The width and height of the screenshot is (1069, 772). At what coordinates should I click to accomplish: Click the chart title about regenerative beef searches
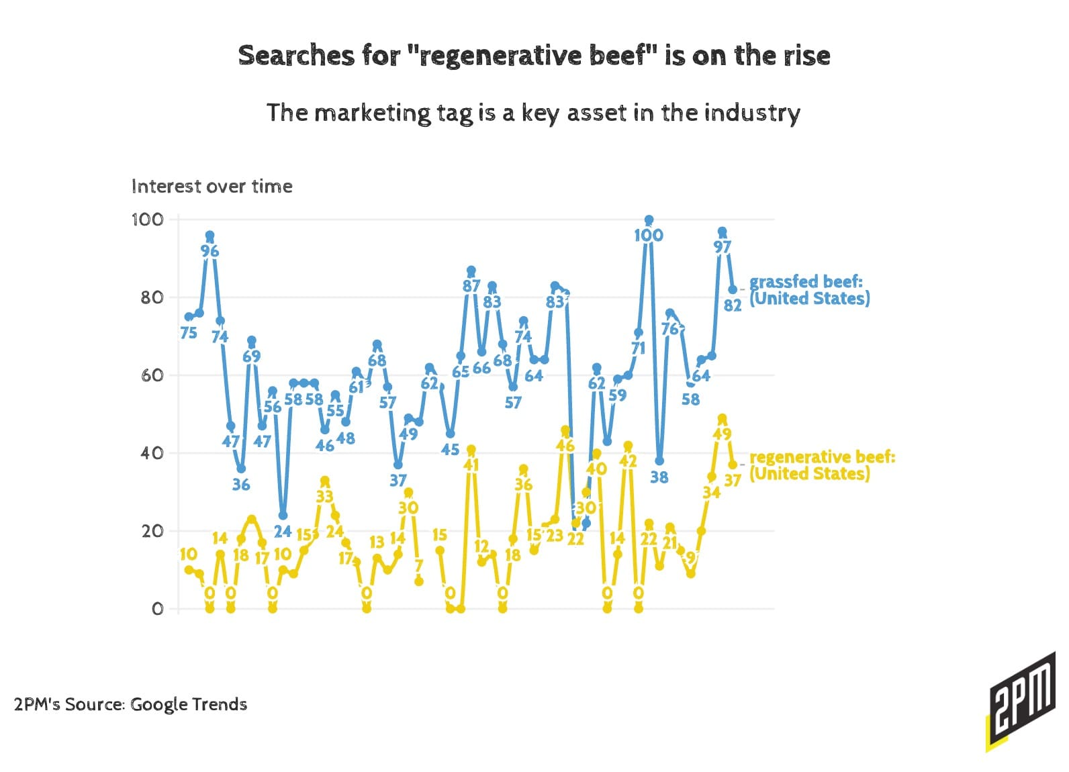(x=534, y=56)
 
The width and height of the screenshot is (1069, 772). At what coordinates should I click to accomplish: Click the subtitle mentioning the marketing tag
(x=533, y=113)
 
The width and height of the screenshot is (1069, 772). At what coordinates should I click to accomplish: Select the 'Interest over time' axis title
(x=212, y=186)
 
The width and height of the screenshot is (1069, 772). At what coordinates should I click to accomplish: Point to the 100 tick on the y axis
(x=148, y=220)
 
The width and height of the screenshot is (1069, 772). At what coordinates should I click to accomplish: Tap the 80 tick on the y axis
(x=152, y=297)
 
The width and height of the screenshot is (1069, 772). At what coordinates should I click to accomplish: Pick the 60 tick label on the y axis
(x=152, y=375)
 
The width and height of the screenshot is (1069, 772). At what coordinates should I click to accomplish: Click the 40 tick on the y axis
(x=152, y=453)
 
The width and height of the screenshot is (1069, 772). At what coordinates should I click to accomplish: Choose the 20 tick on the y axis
(x=152, y=531)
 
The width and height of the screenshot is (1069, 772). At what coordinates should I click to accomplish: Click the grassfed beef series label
(x=809, y=290)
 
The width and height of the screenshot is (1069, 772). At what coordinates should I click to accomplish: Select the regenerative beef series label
(x=822, y=465)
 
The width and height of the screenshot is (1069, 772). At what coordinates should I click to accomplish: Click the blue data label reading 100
(x=648, y=236)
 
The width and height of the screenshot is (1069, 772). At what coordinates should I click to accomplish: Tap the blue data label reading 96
(x=210, y=252)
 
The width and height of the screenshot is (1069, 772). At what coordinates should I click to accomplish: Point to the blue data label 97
(x=722, y=247)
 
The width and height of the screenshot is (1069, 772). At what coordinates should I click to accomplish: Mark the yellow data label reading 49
(x=722, y=434)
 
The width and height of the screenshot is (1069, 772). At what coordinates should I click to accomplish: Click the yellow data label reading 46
(x=565, y=446)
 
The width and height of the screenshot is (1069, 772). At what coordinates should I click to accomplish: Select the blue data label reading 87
(x=471, y=287)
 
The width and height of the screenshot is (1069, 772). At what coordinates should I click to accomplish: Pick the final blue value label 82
(x=733, y=305)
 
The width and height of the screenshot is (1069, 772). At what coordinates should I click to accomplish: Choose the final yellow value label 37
(x=733, y=480)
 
